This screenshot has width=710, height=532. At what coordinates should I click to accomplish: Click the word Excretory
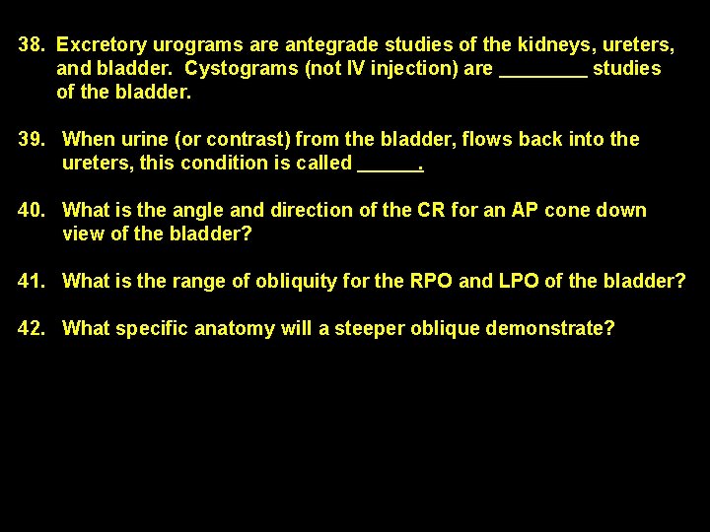103,45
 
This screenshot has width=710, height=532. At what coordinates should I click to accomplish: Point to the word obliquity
296,282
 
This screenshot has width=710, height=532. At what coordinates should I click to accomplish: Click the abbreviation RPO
430,282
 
